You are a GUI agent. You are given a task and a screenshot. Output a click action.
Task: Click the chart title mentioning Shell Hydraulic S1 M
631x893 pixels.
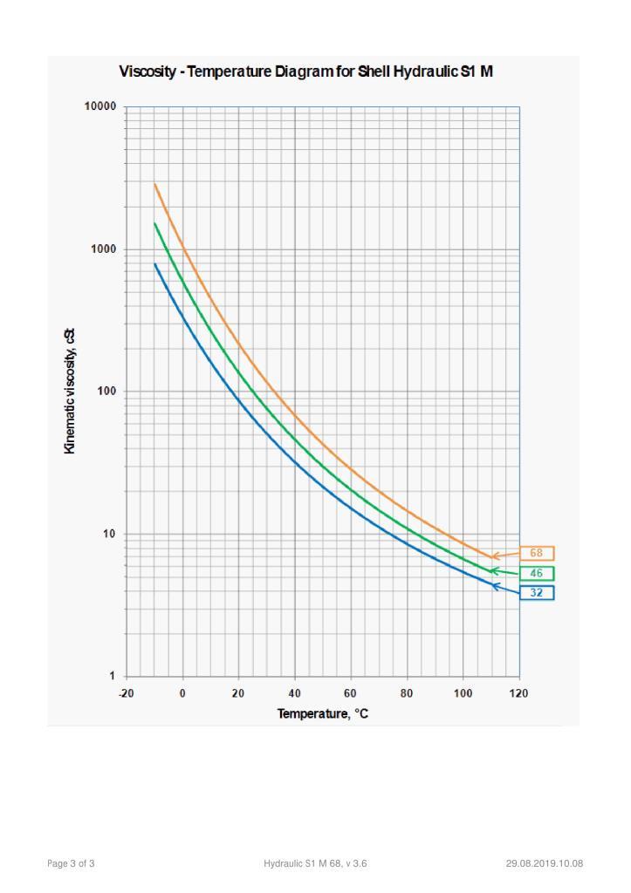[x=306, y=71]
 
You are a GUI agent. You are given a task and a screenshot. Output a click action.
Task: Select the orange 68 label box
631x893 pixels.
[x=537, y=553]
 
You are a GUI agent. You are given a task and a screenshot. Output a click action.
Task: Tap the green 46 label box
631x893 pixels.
[x=537, y=573]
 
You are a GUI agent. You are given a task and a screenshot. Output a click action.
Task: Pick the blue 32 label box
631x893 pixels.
[x=537, y=593]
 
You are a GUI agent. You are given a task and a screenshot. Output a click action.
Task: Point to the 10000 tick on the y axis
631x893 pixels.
[x=100, y=106]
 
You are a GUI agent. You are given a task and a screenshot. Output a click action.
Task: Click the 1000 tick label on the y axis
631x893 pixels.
[x=104, y=249]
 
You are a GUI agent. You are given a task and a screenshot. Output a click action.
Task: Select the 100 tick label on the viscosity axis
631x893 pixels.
[x=106, y=392]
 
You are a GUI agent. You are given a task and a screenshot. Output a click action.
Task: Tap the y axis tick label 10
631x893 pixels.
[x=110, y=534]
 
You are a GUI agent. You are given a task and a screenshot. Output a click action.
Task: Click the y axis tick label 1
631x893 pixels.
[x=113, y=676]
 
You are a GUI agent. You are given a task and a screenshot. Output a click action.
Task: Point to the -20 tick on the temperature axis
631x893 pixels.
[x=127, y=693]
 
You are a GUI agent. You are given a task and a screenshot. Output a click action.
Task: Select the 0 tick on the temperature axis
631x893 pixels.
[x=182, y=693]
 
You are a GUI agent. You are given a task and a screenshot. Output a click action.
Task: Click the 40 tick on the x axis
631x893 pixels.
[x=295, y=693]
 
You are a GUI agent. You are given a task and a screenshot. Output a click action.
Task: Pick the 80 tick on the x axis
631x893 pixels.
[x=407, y=693]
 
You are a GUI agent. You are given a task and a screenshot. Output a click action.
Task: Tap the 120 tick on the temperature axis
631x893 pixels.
[x=519, y=693]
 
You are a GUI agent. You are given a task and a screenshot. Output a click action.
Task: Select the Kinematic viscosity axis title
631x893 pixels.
[x=71, y=391]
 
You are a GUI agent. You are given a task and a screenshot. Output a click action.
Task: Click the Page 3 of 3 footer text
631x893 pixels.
[x=71, y=863]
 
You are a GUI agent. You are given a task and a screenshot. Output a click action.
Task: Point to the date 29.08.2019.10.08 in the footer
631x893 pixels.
[x=545, y=863]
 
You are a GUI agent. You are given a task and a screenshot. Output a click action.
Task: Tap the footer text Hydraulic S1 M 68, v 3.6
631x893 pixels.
[x=315, y=863]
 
